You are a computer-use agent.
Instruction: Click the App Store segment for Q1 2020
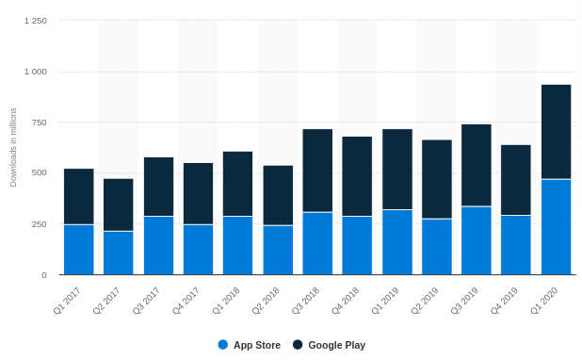(556, 227)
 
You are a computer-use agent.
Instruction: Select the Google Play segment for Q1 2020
(556, 132)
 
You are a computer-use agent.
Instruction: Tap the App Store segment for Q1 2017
(78, 250)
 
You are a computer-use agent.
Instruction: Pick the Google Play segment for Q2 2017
(119, 205)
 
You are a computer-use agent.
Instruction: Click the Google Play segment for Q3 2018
(317, 171)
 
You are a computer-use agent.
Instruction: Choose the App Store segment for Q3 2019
(477, 240)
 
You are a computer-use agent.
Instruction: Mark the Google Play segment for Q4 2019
(516, 180)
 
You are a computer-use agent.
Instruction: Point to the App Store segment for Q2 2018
(278, 250)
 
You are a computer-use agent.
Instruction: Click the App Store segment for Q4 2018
(357, 246)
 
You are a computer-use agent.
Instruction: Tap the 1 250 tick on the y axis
(35, 20)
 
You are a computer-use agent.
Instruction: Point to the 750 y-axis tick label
(38, 123)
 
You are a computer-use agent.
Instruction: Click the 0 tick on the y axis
(43, 275)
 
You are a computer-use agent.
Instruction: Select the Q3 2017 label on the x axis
(145, 301)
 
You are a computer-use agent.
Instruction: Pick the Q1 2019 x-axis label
(384, 301)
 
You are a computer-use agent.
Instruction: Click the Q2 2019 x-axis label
(424, 301)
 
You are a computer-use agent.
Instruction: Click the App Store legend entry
(250, 345)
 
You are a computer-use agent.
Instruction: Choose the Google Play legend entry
(330, 345)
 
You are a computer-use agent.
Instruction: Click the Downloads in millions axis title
(13, 147)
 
